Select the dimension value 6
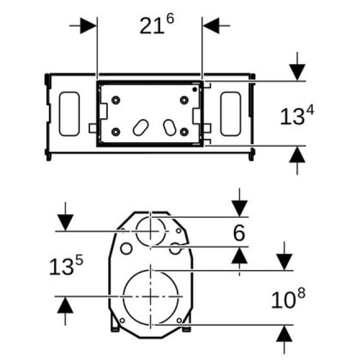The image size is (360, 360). tap(240, 233)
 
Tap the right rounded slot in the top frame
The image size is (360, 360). tap(231, 114)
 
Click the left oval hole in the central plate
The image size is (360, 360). tap(138, 128)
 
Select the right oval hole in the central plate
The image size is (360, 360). tap(169, 127)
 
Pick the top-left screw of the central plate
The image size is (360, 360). tap(116, 100)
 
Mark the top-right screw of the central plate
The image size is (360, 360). tap(184, 100)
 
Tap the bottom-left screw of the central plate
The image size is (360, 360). tap(116, 132)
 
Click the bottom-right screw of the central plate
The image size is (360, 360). tap(184, 132)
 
